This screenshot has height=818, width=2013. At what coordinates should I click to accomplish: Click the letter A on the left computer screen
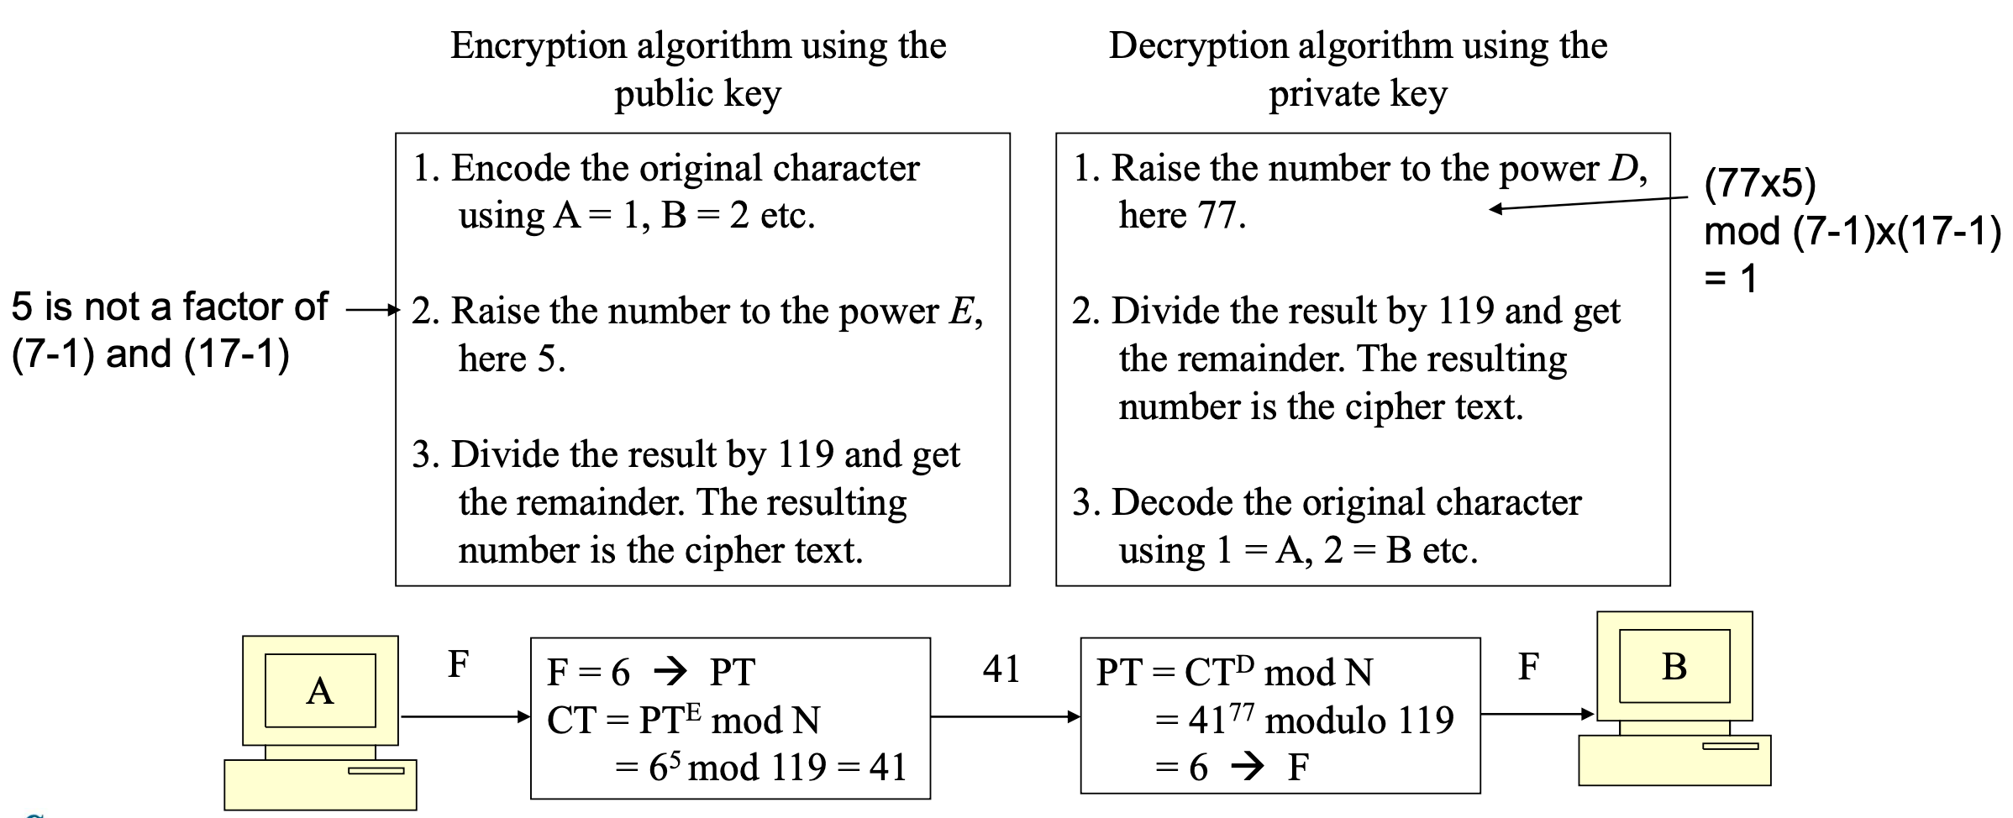pyautogui.click(x=320, y=692)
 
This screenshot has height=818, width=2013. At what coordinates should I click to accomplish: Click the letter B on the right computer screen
pyautogui.click(x=1674, y=667)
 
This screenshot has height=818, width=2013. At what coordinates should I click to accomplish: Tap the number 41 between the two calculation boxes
pyautogui.click(x=1001, y=669)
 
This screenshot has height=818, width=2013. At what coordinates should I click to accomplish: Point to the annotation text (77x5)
pyautogui.click(x=1759, y=183)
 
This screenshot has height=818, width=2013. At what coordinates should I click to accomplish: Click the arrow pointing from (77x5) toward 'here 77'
pyautogui.click(x=1588, y=203)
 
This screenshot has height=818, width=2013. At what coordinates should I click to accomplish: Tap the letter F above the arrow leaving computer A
pyautogui.click(x=458, y=664)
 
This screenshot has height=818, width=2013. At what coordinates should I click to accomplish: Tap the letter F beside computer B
pyautogui.click(x=1528, y=667)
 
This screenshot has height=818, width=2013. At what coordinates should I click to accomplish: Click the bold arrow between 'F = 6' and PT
pyautogui.click(x=670, y=671)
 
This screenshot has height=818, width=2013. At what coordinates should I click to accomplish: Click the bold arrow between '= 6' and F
pyautogui.click(x=1248, y=766)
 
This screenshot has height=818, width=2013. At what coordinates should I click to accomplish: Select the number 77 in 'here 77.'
pyautogui.click(x=1219, y=216)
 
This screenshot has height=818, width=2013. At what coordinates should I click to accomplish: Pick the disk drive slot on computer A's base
pyautogui.click(x=376, y=770)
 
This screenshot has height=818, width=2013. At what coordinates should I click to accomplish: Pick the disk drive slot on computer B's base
pyautogui.click(x=1730, y=746)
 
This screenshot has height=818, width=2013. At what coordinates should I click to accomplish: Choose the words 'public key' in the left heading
pyautogui.click(x=697, y=94)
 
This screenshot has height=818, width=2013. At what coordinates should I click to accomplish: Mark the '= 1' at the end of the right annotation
pyautogui.click(x=1731, y=278)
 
